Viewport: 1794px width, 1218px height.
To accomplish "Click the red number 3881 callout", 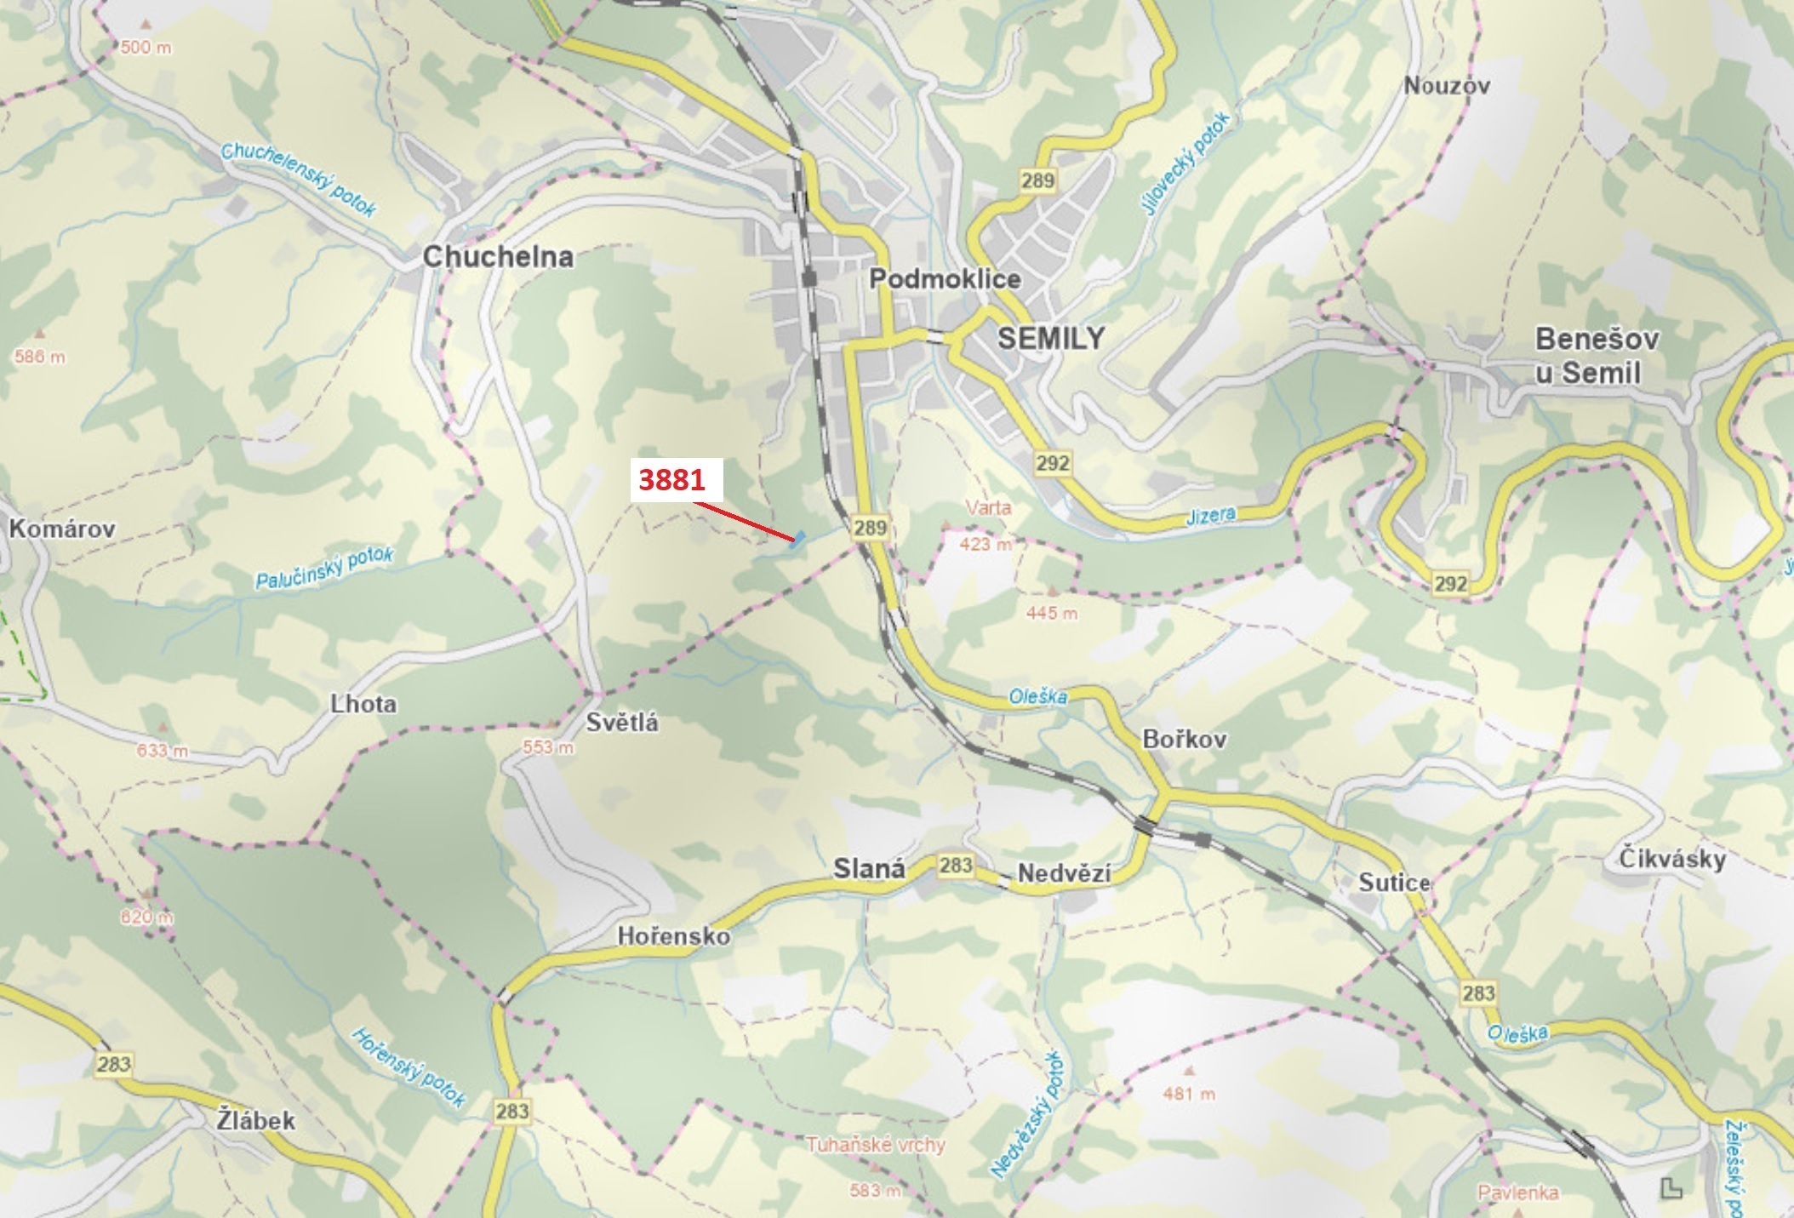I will click(x=672, y=479).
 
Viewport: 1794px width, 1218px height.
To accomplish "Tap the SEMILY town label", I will click(x=1051, y=338).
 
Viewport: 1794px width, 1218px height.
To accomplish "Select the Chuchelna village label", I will click(x=498, y=256).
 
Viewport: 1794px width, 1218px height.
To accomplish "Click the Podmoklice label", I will click(x=945, y=278).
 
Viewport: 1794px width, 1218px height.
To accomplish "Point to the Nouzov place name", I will click(x=1447, y=85).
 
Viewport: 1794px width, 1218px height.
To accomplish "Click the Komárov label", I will click(x=62, y=529).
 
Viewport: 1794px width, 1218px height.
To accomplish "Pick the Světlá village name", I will click(x=622, y=723).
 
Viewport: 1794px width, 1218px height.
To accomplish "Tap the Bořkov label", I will click(x=1184, y=739).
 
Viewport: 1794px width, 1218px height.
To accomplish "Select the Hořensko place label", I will click(x=674, y=936).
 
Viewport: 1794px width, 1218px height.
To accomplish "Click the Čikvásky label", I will click(x=1672, y=858).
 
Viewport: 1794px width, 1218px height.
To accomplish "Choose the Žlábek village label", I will click(x=255, y=1120).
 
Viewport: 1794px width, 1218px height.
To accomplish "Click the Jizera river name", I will click(x=1210, y=516).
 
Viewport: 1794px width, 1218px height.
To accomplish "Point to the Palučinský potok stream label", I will click(x=325, y=569).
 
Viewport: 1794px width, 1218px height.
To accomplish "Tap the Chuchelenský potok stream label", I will click(x=299, y=179).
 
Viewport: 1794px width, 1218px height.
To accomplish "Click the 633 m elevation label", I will click(x=162, y=751).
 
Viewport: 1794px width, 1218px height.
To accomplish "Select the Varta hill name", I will click(x=988, y=508).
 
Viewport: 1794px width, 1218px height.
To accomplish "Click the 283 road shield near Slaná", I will click(x=956, y=866).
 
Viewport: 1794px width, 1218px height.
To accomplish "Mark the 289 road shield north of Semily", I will click(x=1037, y=180).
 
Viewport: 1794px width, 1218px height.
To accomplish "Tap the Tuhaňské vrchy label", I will click(x=876, y=1145).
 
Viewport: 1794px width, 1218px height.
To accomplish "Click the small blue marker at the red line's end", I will click(x=798, y=540).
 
